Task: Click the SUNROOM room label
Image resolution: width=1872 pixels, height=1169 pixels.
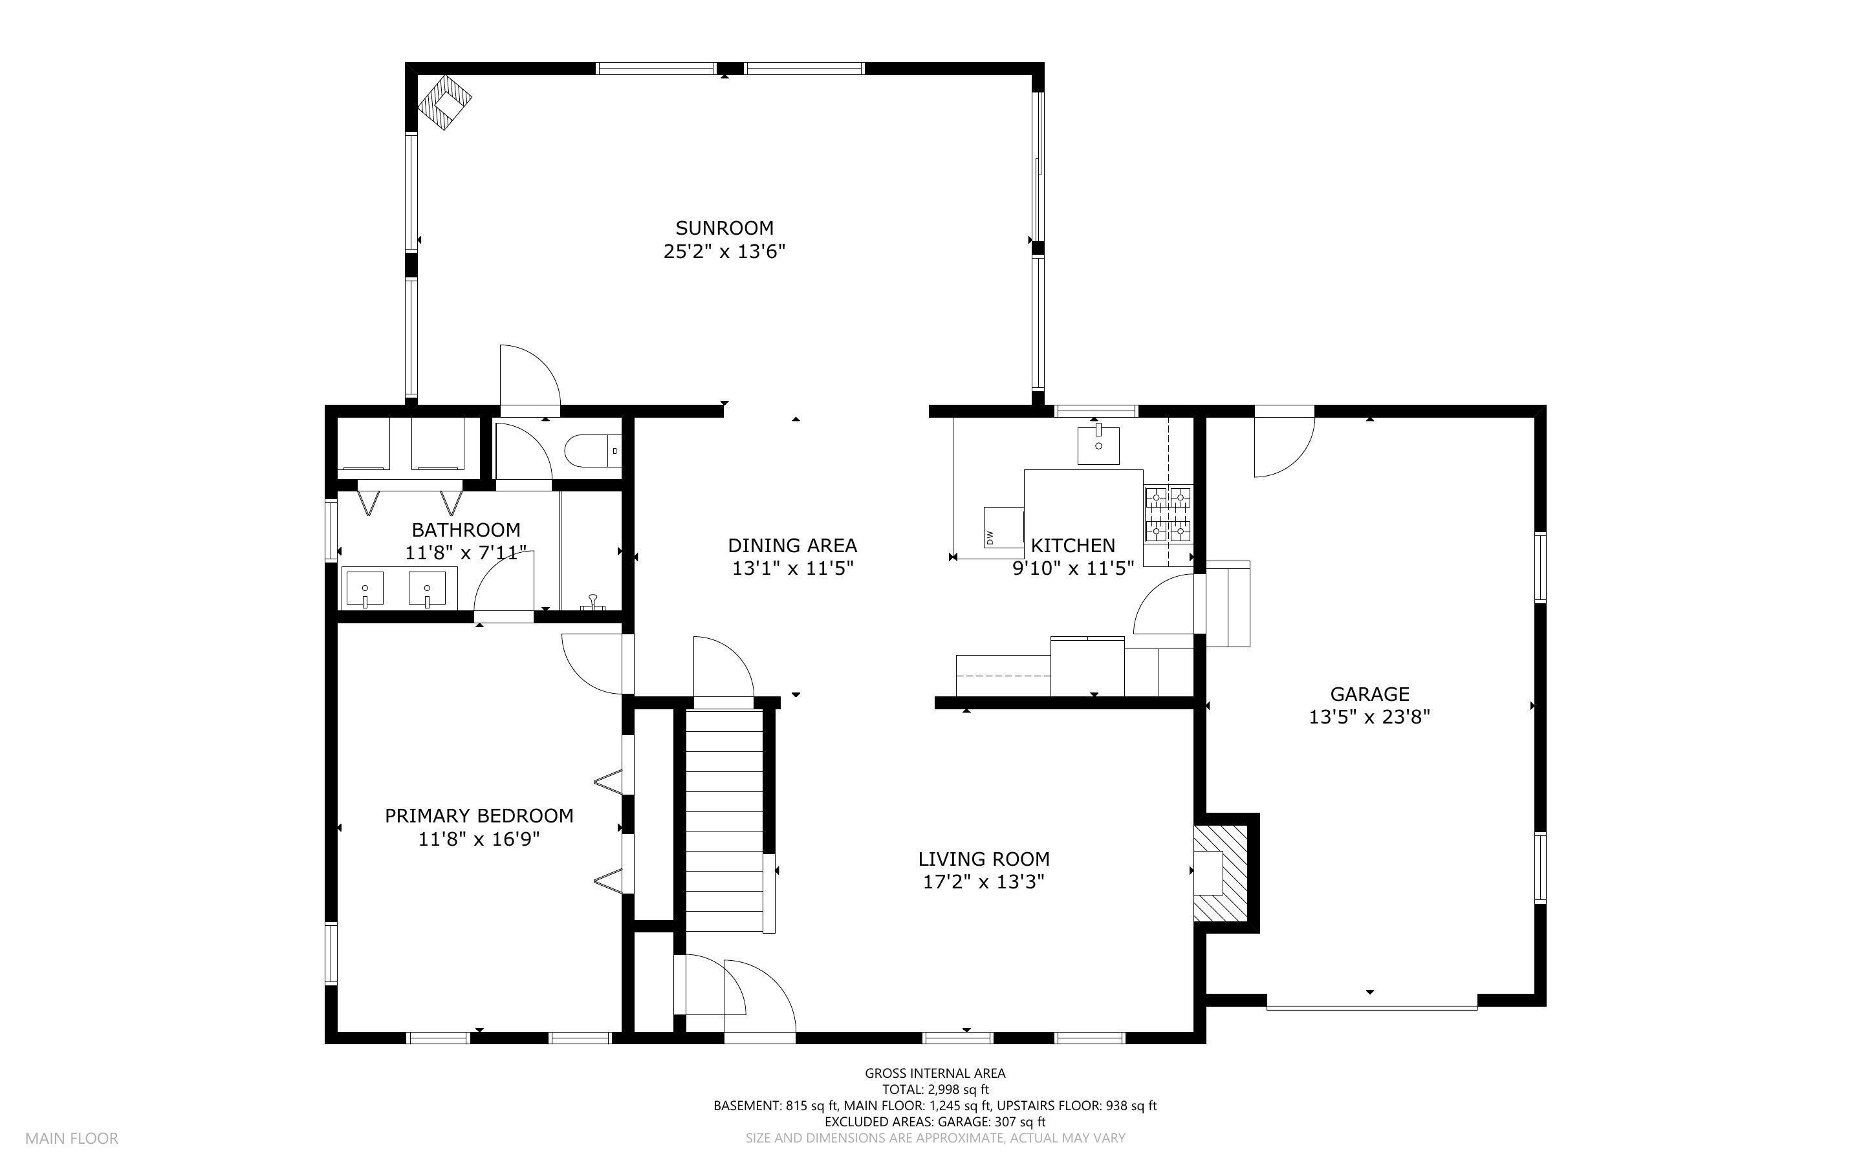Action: (724, 228)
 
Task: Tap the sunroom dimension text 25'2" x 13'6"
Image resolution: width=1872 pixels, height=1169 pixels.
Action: (724, 252)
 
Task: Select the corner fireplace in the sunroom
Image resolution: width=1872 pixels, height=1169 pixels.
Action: (444, 102)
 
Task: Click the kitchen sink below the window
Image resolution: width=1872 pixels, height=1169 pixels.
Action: (1098, 445)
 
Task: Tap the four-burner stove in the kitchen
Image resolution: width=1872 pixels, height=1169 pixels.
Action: (1168, 513)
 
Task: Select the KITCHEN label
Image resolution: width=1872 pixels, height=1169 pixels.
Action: (1072, 546)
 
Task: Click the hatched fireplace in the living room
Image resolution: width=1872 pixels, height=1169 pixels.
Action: (1220, 873)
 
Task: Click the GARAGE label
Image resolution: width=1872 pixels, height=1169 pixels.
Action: (1369, 694)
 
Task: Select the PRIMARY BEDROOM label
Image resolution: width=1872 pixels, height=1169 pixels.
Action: (479, 816)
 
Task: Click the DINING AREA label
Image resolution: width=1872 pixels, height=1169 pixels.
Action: (792, 546)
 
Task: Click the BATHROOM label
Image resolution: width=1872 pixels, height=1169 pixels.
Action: (466, 530)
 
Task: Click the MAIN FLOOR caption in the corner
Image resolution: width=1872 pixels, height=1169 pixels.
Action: (71, 1138)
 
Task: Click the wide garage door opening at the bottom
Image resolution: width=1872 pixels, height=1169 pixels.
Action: (1371, 1006)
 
